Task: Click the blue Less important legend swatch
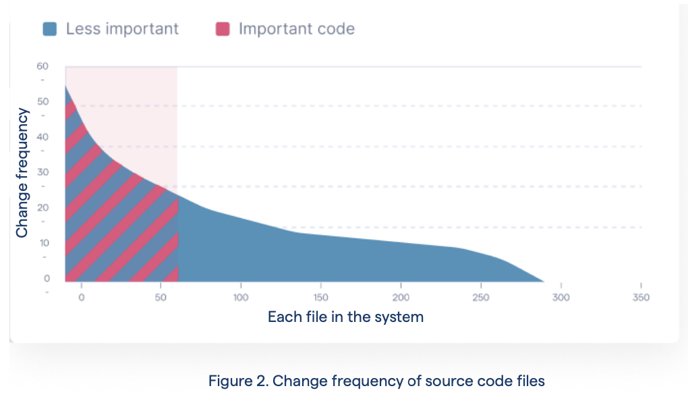tap(49, 29)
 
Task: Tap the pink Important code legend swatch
tap(223, 29)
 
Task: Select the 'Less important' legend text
tap(122, 29)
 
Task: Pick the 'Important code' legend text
tap(296, 29)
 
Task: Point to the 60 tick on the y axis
tap(42, 66)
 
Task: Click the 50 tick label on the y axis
tap(42, 101)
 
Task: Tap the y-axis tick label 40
tap(42, 136)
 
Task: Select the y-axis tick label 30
tap(42, 172)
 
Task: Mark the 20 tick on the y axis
tap(42, 207)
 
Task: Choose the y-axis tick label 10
tap(42, 242)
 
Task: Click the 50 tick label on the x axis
tap(161, 297)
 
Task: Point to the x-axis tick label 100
tap(240, 297)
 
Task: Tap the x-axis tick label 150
tap(320, 297)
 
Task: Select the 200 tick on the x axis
tap(401, 297)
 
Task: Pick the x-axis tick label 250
tap(480, 297)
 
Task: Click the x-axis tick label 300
tap(561, 297)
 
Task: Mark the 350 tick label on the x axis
tap(640, 297)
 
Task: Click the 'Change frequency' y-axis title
tap(22, 173)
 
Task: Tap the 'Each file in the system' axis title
tap(345, 317)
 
